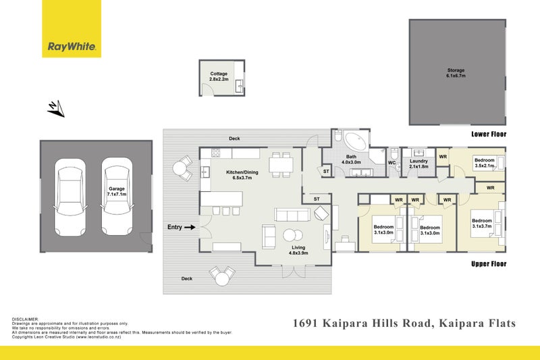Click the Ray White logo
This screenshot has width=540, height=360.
[72, 47]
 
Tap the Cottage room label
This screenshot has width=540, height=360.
[219, 76]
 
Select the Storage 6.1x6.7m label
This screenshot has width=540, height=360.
[456, 73]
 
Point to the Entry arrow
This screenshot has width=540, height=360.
[190, 228]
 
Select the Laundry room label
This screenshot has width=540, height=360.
[419, 163]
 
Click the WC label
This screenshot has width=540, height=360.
[391, 163]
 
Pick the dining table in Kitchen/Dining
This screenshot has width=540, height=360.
[281, 163]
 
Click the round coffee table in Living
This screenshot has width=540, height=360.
[292, 236]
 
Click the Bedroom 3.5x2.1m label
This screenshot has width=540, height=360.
[485, 163]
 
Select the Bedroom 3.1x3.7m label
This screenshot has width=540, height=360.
[482, 224]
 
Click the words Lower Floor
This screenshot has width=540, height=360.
[488, 134]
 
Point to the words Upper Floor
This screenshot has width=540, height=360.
[488, 264]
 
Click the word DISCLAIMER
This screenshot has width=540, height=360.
[26, 319]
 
